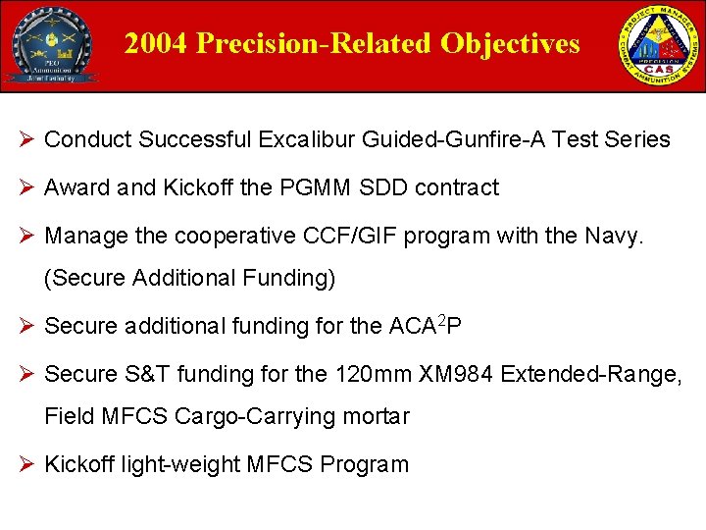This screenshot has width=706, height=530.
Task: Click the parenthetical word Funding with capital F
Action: click(289, 279)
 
